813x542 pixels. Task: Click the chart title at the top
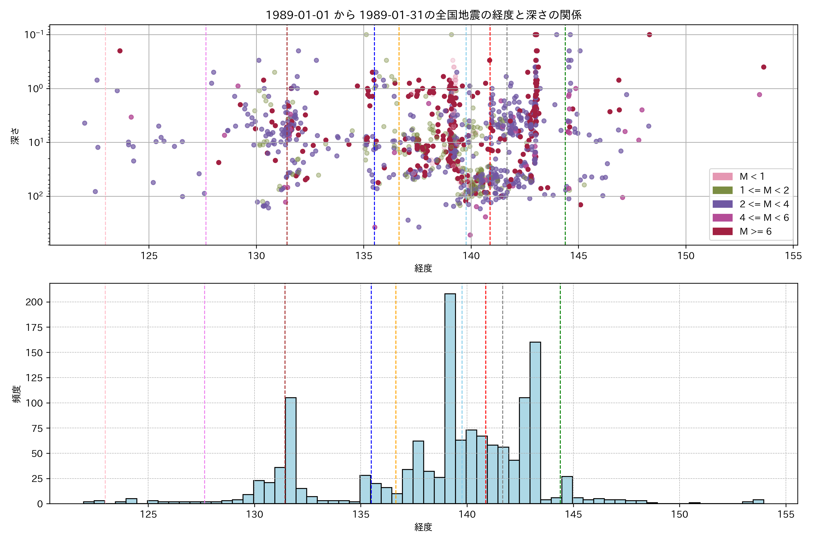(x=423, y=15)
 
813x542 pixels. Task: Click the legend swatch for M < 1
(x=722, y=176)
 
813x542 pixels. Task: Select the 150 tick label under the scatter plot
(x=686, y=256)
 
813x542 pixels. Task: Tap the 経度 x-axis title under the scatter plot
(x=423, y=268)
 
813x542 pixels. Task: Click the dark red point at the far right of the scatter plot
(x=764, y=67)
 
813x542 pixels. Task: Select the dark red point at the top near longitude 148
(x=649, y=35)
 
